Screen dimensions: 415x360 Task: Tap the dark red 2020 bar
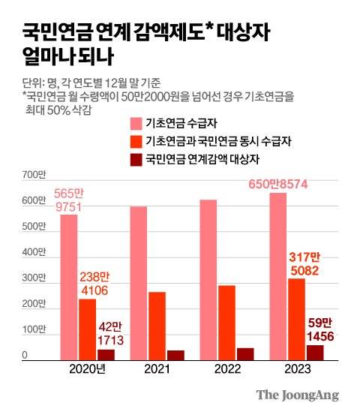coord(106,354)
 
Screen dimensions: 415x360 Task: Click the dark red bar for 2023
coord(314,353)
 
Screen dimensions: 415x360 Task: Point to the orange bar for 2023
coord(297,320)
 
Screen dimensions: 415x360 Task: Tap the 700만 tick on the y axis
coord(34,176)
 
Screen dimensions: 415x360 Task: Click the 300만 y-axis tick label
coord(34,278)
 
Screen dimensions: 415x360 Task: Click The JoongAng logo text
coord(297,395)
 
